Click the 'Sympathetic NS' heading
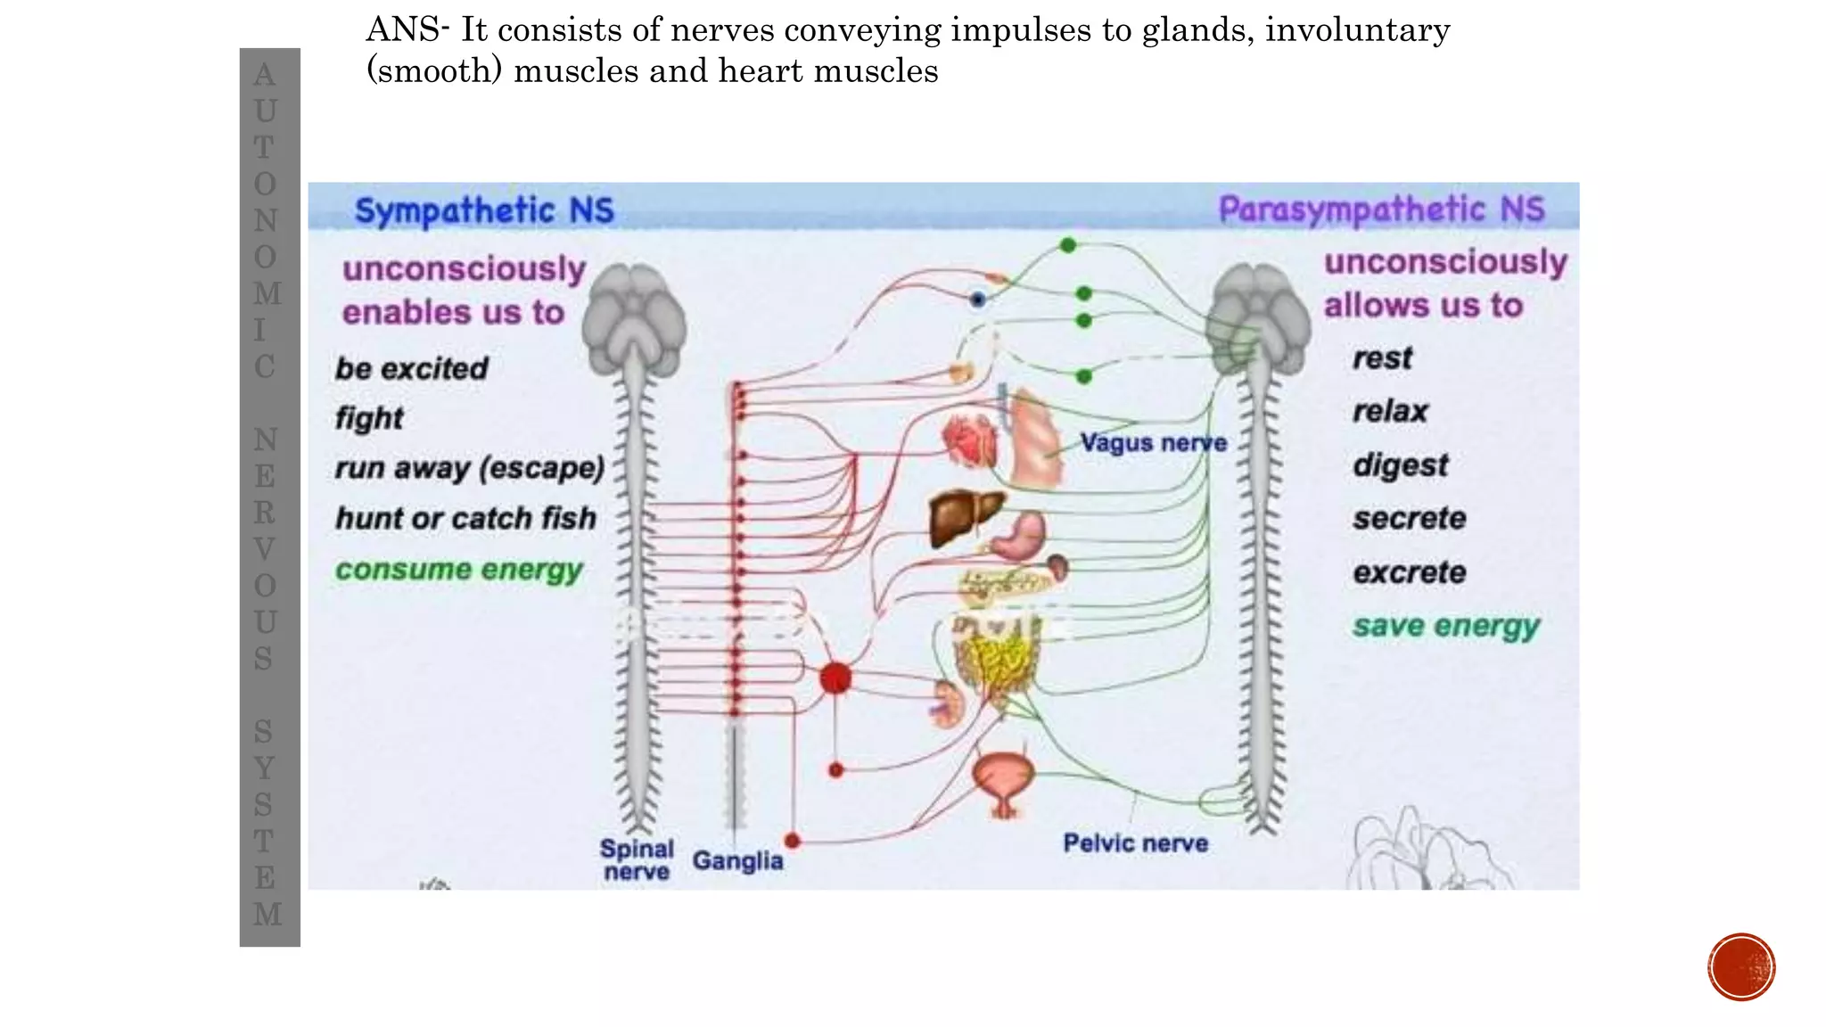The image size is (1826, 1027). [x=484, y=211]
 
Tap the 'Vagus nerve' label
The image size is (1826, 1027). [x=1153, y=443]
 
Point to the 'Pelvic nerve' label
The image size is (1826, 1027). [x=1135, y=843]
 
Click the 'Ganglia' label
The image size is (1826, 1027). [x=737, y=861]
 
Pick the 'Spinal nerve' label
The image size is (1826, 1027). [x=636, y=860]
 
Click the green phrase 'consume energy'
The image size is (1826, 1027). [x=458, y=570]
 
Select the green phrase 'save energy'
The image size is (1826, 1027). [x=1445, y=626]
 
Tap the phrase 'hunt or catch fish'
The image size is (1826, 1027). [x=465, y=518]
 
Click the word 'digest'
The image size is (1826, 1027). [x=1400, y=465]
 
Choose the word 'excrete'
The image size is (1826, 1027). [x=1409, y=572]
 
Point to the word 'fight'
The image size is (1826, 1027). [x=369, y=418]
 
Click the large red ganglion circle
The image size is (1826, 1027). [x=835, y=679]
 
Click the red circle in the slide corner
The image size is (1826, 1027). [x=1741, y=967]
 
